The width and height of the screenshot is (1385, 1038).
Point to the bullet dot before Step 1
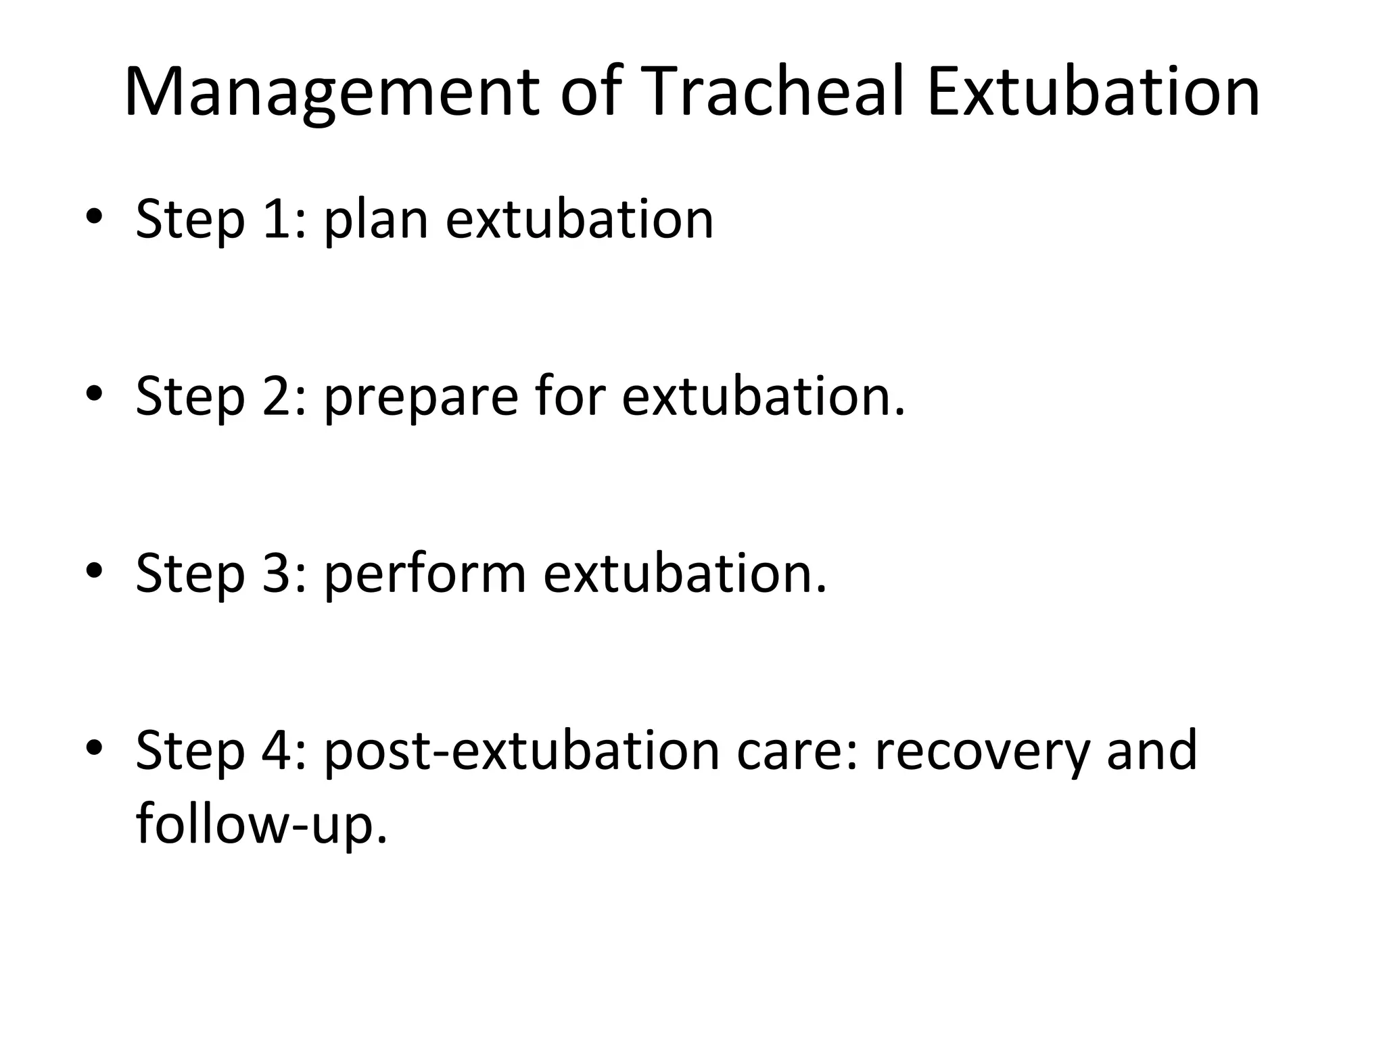[x=95, y=217]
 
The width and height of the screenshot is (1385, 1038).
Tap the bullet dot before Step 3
[x=95, y=570]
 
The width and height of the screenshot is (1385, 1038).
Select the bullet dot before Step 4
[x=95, y=747]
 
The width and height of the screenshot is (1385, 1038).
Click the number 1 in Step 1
[x=279, y=219]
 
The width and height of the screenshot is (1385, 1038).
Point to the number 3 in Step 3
[x=279, y=573]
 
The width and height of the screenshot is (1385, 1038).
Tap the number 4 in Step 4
[x=279, y=750]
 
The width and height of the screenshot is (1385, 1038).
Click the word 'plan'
[x=376, y=220]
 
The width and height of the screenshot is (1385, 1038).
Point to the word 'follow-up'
[x=261, y=824]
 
